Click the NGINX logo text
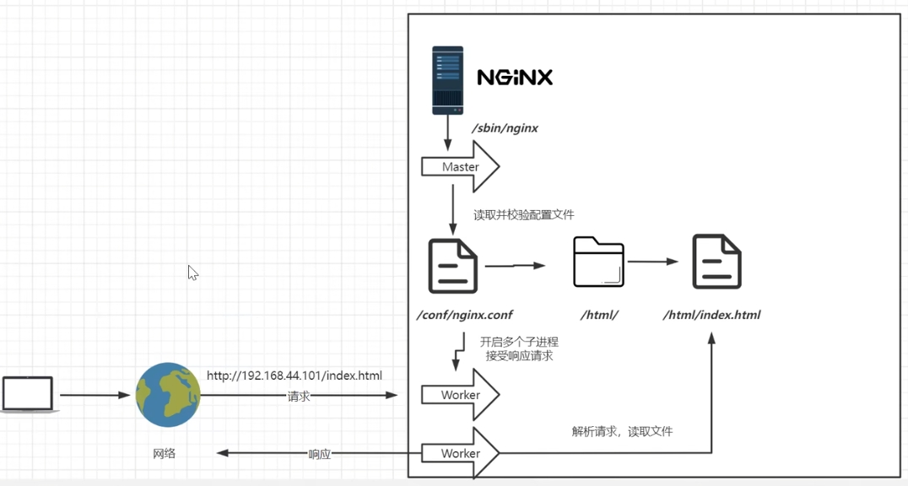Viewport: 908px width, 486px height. pos(515,78)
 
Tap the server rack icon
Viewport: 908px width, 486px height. pos(447,80)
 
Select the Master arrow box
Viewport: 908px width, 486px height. pos(460,167)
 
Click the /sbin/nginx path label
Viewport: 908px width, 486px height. pos(505,128)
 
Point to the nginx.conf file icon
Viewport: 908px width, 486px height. pos(453,266)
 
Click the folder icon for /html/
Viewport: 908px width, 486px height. pos(598,262)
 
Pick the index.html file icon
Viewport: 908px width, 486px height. pos(716,262)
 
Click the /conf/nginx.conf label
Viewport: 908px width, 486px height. pos(465,315)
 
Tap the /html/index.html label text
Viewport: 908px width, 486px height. pos(711,315)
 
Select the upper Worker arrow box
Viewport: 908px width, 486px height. pos(460,395)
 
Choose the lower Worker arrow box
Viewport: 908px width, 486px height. pos(460,453)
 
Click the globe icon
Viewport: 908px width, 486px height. pos(168,395)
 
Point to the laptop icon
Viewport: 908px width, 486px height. pos(28,395)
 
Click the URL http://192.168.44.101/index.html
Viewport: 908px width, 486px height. pos(295,375)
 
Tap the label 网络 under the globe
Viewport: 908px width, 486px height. pos(165,453)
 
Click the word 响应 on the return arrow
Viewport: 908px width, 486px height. pos(320,454)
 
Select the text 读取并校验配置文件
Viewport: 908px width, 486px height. pos(523,215)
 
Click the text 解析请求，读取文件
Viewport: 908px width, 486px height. pos(622,431)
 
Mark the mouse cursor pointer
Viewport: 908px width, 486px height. pos(192,273)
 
